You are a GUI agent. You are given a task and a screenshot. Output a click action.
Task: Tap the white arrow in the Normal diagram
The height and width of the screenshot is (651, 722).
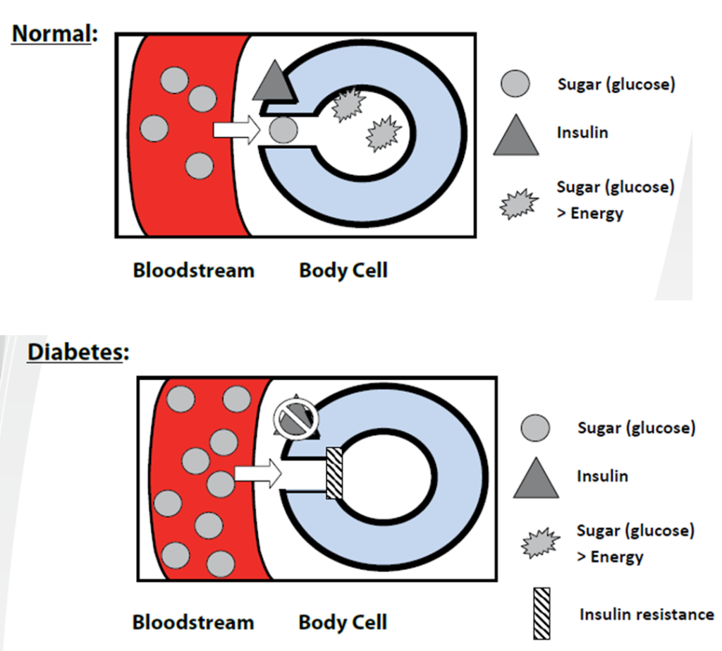(x=235, y=130)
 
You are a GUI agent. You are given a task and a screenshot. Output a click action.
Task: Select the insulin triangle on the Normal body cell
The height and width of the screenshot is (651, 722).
(x=272, y=81)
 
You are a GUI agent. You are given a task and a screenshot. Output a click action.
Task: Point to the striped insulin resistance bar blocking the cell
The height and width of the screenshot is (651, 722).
(x=334, y=472)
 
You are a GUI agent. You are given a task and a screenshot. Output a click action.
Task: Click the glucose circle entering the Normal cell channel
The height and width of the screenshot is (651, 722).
(x=283, y=130)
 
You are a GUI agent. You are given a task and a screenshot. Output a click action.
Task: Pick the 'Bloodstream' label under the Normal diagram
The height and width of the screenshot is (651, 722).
(x=193, y=270)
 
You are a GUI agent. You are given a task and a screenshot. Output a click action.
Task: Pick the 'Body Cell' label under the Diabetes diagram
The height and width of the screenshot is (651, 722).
(x=343, y=622)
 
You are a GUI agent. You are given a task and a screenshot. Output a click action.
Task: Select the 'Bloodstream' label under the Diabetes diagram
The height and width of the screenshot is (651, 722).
(x=192, y=622)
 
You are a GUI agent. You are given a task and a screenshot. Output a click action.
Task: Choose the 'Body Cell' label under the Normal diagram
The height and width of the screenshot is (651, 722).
(x=343, y=270)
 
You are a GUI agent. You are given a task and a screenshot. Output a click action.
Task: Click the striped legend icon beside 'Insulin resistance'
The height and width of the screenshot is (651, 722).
(x=542, y=612)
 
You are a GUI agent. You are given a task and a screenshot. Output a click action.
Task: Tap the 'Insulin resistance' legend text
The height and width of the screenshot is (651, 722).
(x=646, y=614)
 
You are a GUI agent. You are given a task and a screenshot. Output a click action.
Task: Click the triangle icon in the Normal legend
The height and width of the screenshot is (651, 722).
(x=516, y=135)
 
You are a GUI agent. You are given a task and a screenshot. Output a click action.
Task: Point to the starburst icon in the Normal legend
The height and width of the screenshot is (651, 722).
(x=518, y=205)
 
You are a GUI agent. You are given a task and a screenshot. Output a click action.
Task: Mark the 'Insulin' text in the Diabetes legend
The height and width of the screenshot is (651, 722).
(x=602, y=476)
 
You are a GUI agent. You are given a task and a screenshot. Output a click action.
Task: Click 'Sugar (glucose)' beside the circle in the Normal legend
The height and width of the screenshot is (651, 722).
(x=616, y=85)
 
